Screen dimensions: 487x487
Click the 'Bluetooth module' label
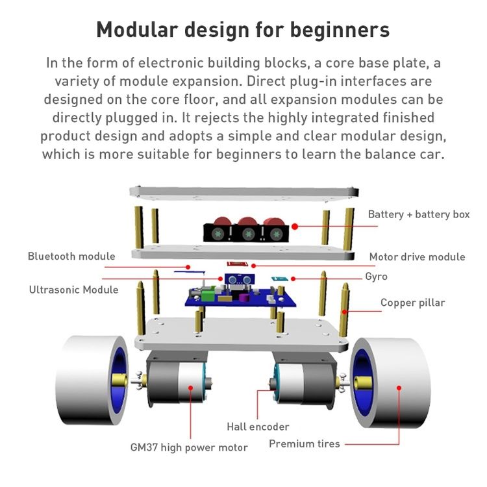click(x=71, y=256)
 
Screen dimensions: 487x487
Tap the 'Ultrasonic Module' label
click(x=73, y=290)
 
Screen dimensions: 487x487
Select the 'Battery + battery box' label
click(x=419, y=214)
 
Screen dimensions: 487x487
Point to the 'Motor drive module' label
click(x=417, y=257)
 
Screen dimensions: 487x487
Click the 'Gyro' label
click(x=376, y=277)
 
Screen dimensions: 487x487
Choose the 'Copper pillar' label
click(x=412, y=303)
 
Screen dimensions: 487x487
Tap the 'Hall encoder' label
click(x=258, y=427)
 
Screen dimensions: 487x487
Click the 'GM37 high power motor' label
click(x=189, y=447)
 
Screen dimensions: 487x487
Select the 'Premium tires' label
click(x=305, y=444)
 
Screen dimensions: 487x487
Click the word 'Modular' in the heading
click(x=137, y=30)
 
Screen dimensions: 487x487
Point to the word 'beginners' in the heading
click(x=340, y=31)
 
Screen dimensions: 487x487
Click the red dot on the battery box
click(x=295, y=227)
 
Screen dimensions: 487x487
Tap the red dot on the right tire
click(x=399, y=388)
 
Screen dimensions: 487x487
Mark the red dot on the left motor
click(x=190, y=388)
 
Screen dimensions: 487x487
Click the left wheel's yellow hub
click(x=119, y=380)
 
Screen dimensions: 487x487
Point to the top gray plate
click(x=244, y=192)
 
